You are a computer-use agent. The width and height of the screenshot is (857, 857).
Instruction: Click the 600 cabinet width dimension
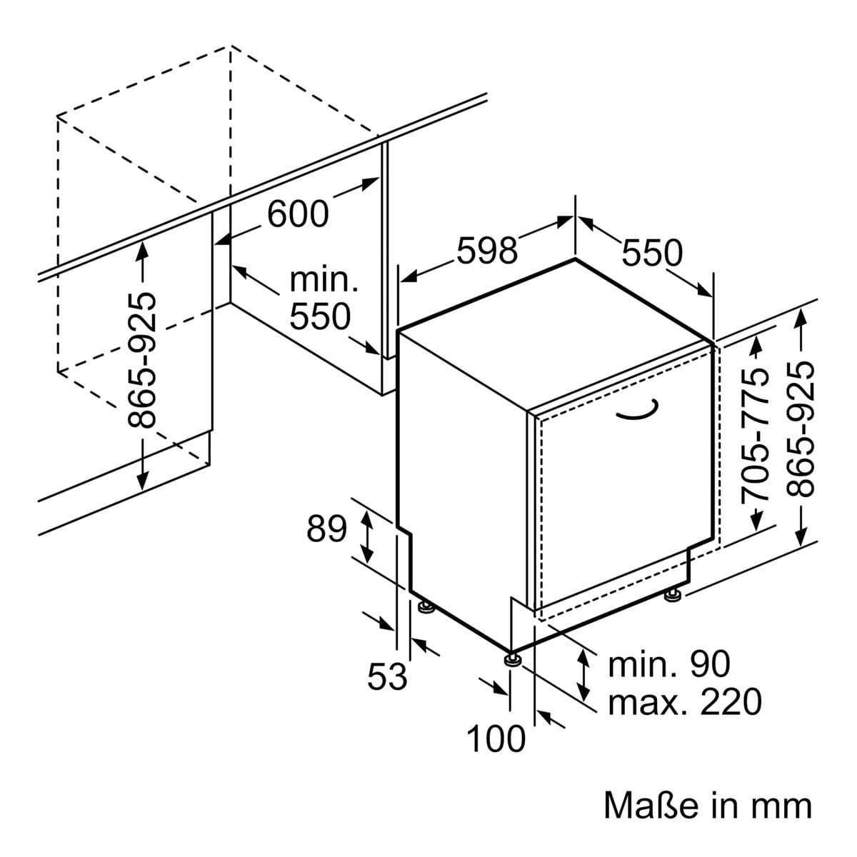(x=299, y=213)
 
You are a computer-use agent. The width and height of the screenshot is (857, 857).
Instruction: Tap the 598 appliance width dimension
(x=486, y=251)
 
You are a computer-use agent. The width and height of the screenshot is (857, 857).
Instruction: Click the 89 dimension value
(x=326, y=529)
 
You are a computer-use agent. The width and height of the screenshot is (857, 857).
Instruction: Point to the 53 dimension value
(x=387, y=676)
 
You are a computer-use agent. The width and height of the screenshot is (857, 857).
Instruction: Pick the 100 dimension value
(x=496, y=739)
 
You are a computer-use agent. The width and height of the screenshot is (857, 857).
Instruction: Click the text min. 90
(x=669, y=664)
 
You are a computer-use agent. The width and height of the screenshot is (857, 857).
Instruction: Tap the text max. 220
(x=684, y=702)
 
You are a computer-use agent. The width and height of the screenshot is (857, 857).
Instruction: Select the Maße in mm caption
(x=708, y=805)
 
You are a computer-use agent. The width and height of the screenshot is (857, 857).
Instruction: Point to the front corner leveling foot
(x=512, y=658)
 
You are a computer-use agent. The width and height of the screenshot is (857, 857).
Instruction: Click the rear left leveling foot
(x=426, y=607)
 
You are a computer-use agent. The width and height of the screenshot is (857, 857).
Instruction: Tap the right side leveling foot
(x=673, y=593)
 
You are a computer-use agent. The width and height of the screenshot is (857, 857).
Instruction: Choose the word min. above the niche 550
(x=323, y=281)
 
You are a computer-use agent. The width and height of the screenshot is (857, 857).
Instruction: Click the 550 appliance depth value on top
(x=652, y=252)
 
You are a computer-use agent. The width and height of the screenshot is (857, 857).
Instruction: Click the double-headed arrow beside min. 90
(x=584, y=675)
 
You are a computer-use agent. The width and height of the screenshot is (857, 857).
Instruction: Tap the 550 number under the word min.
(x=320, y=316)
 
